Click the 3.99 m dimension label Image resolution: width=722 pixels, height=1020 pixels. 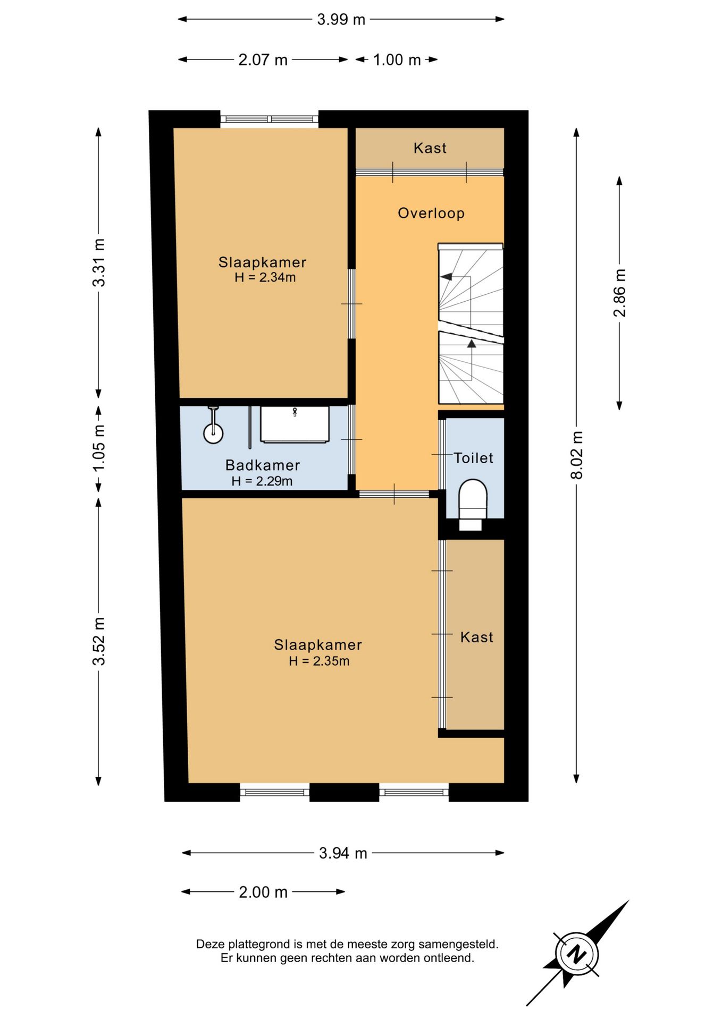(x=341, y=20)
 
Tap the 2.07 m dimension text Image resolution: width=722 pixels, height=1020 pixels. (x=263, y=59)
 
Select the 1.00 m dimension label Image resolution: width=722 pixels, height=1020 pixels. (x=397, y=59)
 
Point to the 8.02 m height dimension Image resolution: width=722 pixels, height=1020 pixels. (x=577, y=455)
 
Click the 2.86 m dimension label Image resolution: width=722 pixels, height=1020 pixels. (x=620, y=293)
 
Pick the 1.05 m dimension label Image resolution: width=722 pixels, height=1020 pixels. (x=99, y=447)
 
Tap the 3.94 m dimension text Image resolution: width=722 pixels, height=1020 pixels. (x=343, y=853)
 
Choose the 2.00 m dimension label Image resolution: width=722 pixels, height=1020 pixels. (x=263, y=892)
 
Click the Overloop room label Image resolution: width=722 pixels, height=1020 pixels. (x=431, y=213)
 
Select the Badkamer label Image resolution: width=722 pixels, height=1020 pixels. (x=263, y=465)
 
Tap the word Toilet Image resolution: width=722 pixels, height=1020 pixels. (x=473, y=458)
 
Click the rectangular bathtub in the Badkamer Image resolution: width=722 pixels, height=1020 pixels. (x=295, y=424)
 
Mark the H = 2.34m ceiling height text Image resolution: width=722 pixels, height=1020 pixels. (x=265, y=277)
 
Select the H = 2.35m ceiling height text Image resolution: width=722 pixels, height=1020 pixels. (x=319, y=661)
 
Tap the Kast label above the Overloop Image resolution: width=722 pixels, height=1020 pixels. (x=430, y=148)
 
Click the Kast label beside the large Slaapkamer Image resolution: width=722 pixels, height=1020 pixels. (x=476, y=637)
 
